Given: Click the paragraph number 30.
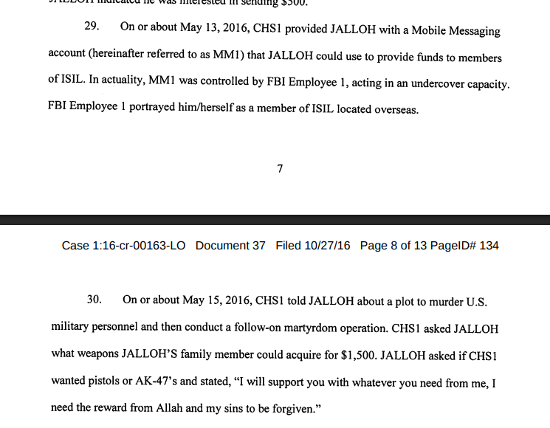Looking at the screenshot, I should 94,300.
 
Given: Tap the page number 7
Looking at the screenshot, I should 280,168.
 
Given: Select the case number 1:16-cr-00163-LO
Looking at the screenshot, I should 140,246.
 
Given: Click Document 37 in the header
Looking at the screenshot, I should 230,246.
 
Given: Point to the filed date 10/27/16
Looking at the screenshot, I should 327,246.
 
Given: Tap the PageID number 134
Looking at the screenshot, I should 489,246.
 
